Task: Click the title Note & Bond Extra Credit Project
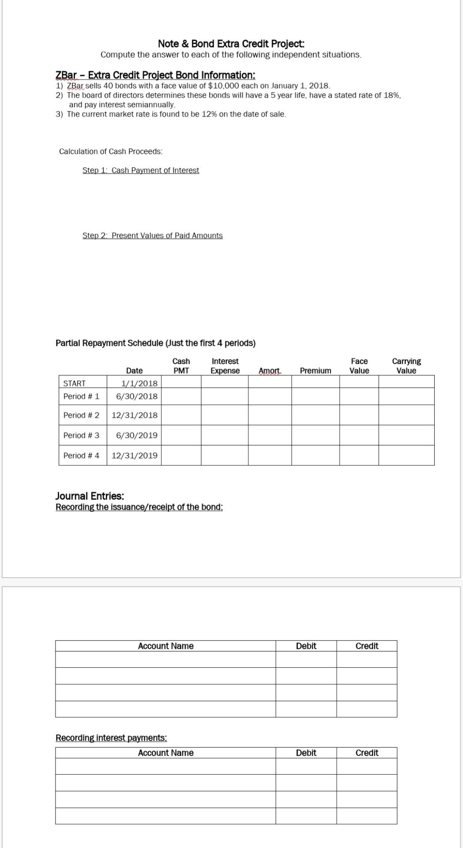[231, 44]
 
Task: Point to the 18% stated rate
[391, 95]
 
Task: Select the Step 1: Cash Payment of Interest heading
[141, 170]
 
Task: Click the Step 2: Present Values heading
[152, 236]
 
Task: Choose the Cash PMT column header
[181, 366]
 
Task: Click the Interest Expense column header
[225, 366]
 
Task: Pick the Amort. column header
[270, 371]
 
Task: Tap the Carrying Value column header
[406, 366]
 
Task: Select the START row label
[75, 383]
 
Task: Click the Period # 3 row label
[81, 435]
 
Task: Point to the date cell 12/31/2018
[134, 416]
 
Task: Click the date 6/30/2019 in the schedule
[136, 435]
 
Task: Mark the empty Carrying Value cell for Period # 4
[406, 455]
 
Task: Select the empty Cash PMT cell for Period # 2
[181, 416]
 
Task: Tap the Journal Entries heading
[90, 496]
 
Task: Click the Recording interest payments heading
[111, 738]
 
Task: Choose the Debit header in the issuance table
[306, 646]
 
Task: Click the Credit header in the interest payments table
[367, 753]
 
